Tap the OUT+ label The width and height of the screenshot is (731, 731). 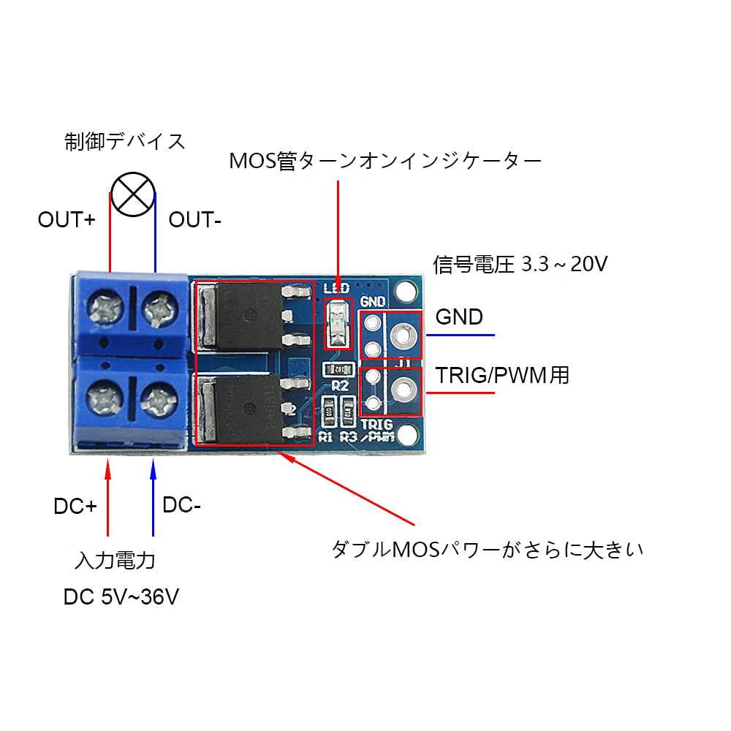(67, 219)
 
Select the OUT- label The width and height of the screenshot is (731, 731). (195, 219)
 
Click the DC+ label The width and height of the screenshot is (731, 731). (75, 506)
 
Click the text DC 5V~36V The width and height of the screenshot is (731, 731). (121, 597)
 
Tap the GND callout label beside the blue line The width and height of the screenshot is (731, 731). (459, 317)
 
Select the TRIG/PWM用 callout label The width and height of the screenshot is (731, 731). (503, 376)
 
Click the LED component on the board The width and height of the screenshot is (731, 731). (337, 322)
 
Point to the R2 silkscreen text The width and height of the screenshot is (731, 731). (340, 385)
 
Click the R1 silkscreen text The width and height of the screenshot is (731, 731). (326, 437)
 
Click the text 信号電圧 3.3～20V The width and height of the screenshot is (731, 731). (520, 264)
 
